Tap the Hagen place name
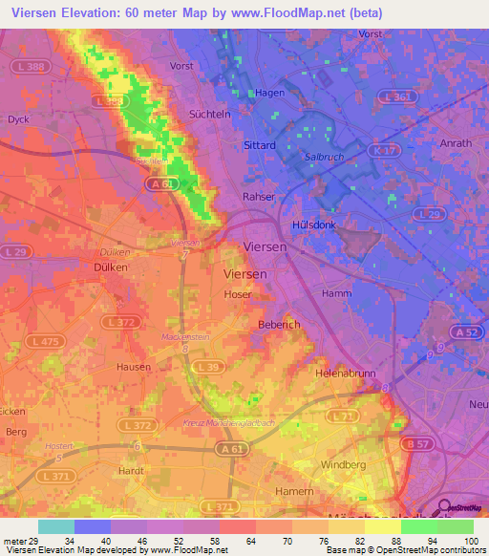(271, 94)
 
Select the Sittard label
(260, 145)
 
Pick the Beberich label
(280, 325)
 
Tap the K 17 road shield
(384, 150)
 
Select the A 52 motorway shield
(467, 331)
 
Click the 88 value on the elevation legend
(382, 542)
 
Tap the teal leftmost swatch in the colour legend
(56, 526)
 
